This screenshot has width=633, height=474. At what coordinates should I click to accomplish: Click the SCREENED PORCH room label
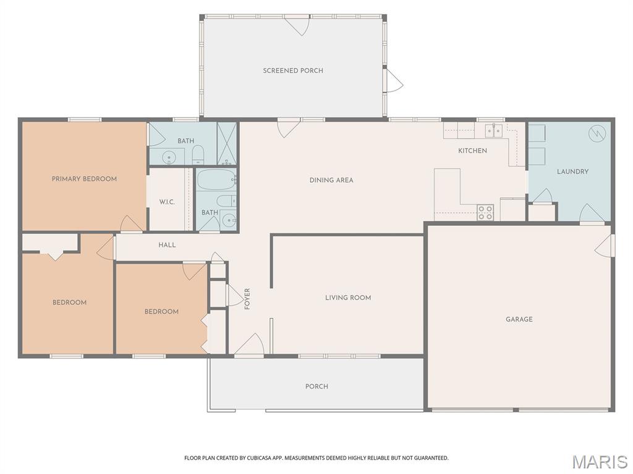[293, 70]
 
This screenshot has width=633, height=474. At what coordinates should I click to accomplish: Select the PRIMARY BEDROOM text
[84, 179]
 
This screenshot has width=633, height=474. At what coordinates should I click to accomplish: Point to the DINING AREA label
[331, 180]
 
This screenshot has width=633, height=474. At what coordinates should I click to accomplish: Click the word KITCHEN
[472, 151]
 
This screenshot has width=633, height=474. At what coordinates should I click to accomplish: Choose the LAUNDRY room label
[572, 172]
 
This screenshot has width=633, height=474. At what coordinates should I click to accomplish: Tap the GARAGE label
[519, 319]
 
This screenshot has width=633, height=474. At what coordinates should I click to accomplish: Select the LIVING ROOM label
[348, 297]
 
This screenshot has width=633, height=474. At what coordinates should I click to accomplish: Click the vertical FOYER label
[247, 299]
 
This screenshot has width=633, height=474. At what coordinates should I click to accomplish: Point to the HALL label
[167, 245]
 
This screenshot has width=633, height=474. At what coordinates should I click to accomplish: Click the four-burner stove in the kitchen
[485, 212]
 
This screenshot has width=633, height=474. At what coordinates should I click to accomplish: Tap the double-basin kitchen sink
[493, 131]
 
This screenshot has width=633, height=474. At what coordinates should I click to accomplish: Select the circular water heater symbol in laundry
[596, 133]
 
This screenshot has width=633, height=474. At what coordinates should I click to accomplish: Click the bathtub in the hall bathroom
[216, 180]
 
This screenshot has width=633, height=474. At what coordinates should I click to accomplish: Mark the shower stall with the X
[227, 143]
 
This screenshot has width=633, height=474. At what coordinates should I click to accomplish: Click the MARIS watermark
[600, 461]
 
